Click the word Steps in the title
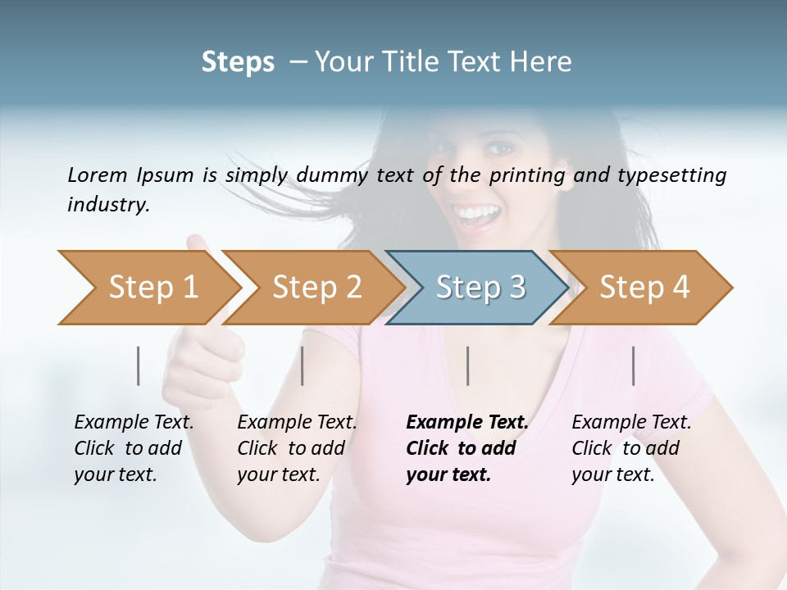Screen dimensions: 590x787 (238, 61)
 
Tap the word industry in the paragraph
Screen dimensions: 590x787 (107, 204)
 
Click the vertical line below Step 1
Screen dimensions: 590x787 (139, 365)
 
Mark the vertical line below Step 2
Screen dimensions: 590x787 (303, 365)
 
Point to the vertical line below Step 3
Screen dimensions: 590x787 (468, 365)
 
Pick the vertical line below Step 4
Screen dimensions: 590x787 (634, 365)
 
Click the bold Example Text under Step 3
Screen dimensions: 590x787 (467, 423)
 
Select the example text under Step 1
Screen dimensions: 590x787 (133, 448)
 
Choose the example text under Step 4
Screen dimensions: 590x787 (630, 448)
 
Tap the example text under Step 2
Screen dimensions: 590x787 (296, 448)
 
